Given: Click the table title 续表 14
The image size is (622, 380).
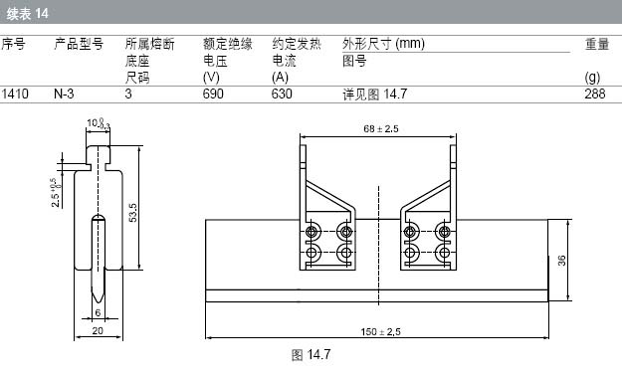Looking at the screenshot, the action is point(28,14).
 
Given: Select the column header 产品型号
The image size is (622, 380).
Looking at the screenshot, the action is point(79,44).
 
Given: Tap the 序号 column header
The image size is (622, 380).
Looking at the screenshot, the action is point(14,44).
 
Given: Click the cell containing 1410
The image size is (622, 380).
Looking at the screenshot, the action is point(15,95).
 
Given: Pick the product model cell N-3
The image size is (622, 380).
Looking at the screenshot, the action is point(64,95).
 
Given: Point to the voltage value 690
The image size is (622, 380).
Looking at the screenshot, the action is point(213,95).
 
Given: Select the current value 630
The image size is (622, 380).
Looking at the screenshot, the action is point(282,95).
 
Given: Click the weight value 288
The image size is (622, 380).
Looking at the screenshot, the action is point(594,95).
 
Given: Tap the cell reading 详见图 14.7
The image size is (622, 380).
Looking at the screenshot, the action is point(375,95).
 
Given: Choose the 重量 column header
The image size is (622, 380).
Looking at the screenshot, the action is point(597,44).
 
